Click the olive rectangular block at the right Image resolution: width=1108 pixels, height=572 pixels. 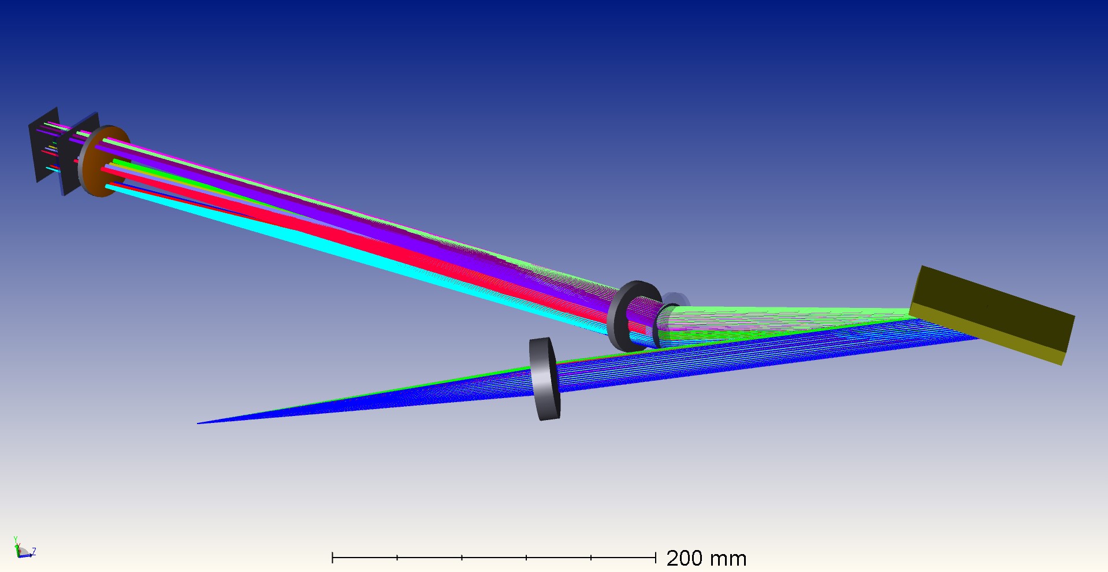click(x=992, y=315)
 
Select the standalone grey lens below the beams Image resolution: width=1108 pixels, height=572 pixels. click(x=545, y=379)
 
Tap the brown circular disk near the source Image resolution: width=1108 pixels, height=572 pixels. click(x=105, y=161)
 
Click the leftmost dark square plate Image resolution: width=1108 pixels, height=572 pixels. click(x=44, y=144)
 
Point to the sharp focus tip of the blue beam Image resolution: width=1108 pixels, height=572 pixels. click(x=198, y=424)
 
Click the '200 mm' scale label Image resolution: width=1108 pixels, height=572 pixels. click(x=707, y=558)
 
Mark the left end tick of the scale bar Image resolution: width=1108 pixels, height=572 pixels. click(x=333, y=558)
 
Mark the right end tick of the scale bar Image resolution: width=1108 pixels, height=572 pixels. click(x=656, y=558)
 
